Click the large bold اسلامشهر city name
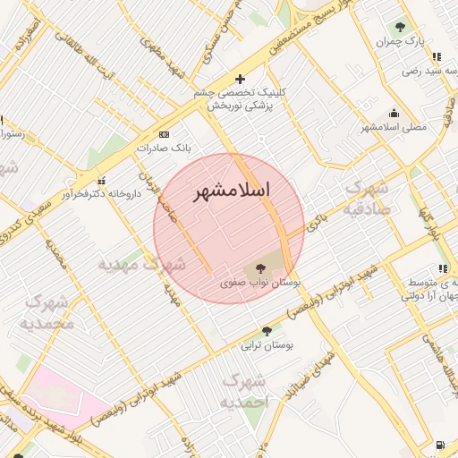tap(231, 191)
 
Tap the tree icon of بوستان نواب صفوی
tap(261, 267)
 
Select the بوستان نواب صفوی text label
tap(261, 282)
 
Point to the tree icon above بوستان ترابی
tap(267, 331)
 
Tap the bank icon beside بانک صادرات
tap(163, 133)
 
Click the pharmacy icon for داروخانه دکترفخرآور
tap(100, 182)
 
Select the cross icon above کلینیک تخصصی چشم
tap(239, 79)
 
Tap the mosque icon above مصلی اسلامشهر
tap(394, 113)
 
